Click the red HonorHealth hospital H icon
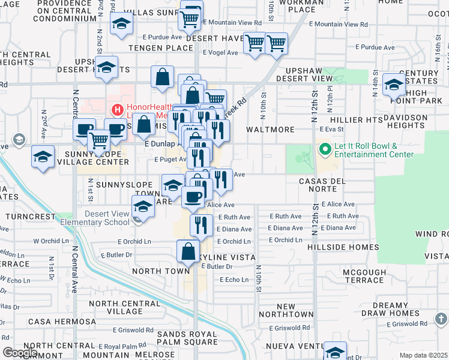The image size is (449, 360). pyautogui.click(x=116, y=110)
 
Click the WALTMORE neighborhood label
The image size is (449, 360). pyautogui.click(x=270, y=130)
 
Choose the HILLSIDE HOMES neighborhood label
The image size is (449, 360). pyautogui.click(x=343, y=247)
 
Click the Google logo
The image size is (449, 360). pyautogui.click(x=20, y=353)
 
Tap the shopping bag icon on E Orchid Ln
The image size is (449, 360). pyautogui.click(x=188, y=250)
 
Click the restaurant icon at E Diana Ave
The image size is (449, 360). pyautogui.click(x=201, y=226)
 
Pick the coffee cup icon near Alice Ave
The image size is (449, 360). pyautogui.click(x=193, y=197)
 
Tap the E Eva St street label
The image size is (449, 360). pyautogui.click(x=331, y=129)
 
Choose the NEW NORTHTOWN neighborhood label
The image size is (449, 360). pyautogui.click(x=286, y=310)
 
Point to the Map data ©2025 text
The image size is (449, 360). pyautogui.click(x=423, y=355)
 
